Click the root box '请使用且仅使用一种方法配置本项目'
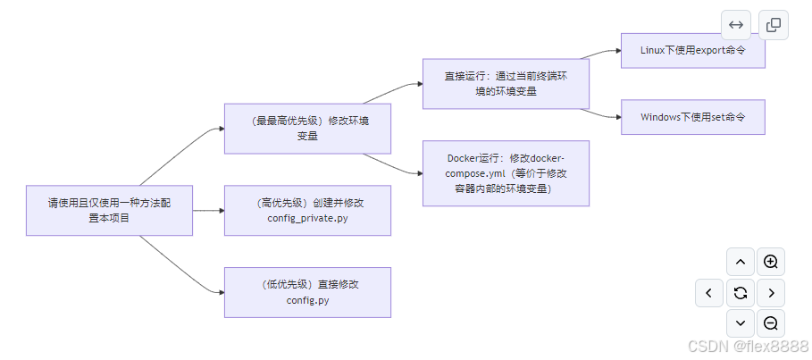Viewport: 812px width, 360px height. pos(109,211)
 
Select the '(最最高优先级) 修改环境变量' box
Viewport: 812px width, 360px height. pos(307,128)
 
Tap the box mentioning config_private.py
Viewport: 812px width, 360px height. pos(307,211)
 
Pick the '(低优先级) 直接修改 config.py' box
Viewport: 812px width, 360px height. pos(307,292)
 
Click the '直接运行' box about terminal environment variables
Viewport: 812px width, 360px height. pos(506,84)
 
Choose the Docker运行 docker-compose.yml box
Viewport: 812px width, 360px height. pos(506,173)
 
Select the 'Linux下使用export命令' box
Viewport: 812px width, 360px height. pos(692,51)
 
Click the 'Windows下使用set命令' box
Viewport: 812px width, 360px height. pos(692,117)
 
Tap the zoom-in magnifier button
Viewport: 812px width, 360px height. pos(771,262)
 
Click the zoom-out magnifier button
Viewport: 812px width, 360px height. pos(771,323)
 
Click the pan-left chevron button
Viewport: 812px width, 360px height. pos(709,292)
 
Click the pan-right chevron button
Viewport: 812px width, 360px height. pos(771,292)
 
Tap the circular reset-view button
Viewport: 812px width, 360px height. pos(740,292)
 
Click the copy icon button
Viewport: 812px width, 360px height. pos(774,25)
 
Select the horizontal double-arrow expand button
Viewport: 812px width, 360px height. pos(736,25)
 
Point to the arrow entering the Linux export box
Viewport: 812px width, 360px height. pos(615,51)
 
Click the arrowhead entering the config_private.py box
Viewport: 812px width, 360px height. pos(219,211)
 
